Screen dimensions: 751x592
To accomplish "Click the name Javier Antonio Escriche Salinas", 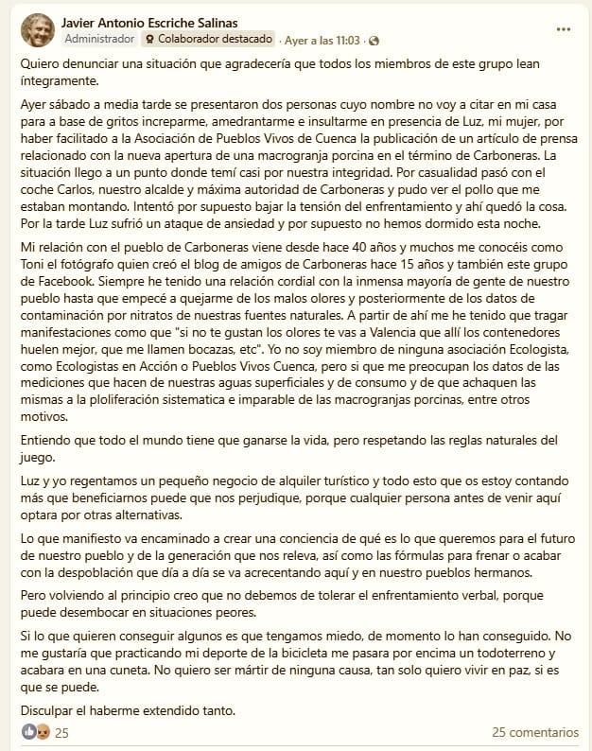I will coord(162,22).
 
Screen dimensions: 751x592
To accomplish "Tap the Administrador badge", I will coord(98,40).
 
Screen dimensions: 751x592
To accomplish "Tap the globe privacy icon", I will coord(374,41).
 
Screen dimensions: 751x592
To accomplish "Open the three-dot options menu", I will coord(564,29).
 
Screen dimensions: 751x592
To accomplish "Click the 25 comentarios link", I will coord(534,732).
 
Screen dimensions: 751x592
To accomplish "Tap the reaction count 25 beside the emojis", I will coord(62,732).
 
